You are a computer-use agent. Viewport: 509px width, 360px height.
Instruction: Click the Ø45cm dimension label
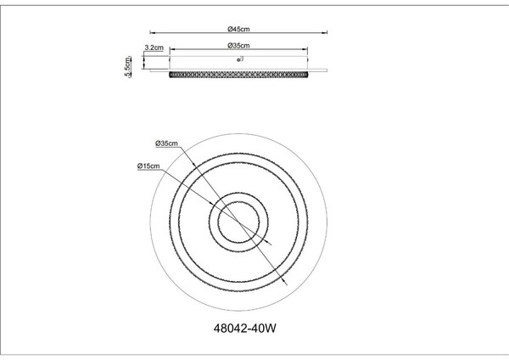pos(238,29)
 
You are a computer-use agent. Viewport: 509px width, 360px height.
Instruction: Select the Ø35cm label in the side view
pos(238,46)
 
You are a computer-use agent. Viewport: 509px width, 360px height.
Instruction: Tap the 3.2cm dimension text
pos(154,48)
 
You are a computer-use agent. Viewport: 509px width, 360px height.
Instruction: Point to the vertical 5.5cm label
pos(128,66)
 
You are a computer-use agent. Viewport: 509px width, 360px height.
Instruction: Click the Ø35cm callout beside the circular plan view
pos(166,143)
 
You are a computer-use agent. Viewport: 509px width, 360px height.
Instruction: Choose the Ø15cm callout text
pos(148,166)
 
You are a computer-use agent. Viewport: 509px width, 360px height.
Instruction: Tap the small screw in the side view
pos(239,59)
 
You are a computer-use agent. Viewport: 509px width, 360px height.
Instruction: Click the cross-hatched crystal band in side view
pos(238,75)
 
